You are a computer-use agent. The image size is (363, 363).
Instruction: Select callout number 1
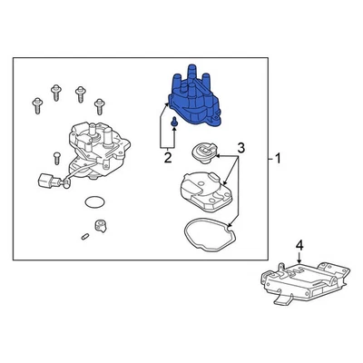point(278,161)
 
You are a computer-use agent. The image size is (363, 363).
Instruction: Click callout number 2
point(168,158)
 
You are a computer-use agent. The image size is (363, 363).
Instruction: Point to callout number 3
point(240,147)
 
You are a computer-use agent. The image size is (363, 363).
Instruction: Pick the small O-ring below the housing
point(91,201)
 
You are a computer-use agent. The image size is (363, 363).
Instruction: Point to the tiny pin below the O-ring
point(83,238)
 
